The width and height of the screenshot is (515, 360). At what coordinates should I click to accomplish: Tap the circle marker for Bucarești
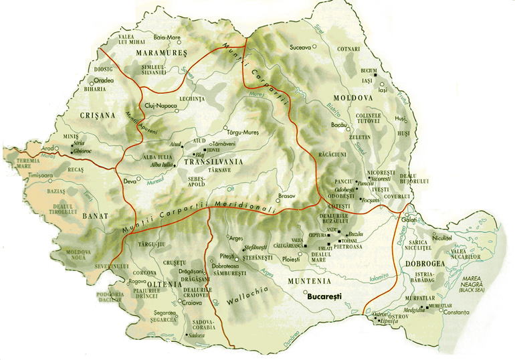pos(306,292)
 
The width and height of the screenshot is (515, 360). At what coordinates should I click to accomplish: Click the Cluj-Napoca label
pos(160,106)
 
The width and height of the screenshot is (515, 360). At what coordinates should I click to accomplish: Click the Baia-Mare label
pos(167,38)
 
